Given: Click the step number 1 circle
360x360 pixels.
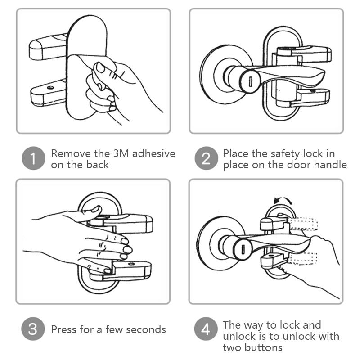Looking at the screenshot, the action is click(33, 158).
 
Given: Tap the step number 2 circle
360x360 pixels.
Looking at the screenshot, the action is click(206, 158).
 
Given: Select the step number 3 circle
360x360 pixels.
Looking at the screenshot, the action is click(33, 329).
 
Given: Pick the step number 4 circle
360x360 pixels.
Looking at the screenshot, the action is click(206, 329).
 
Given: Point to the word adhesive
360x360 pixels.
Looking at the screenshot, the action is click(154, 153).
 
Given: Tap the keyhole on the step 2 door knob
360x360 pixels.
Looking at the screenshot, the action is click(251, 81).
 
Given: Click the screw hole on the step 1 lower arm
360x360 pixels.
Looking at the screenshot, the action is click(50, 87).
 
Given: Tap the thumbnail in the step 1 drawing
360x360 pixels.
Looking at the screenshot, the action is click(100, 67).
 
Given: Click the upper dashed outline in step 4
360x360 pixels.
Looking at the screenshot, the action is click(303, 224).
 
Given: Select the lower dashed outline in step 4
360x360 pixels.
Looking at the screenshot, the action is click(302, 258).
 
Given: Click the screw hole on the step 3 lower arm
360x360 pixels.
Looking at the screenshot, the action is click(131, 264).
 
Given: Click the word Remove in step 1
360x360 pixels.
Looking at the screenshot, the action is click(71, 153).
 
